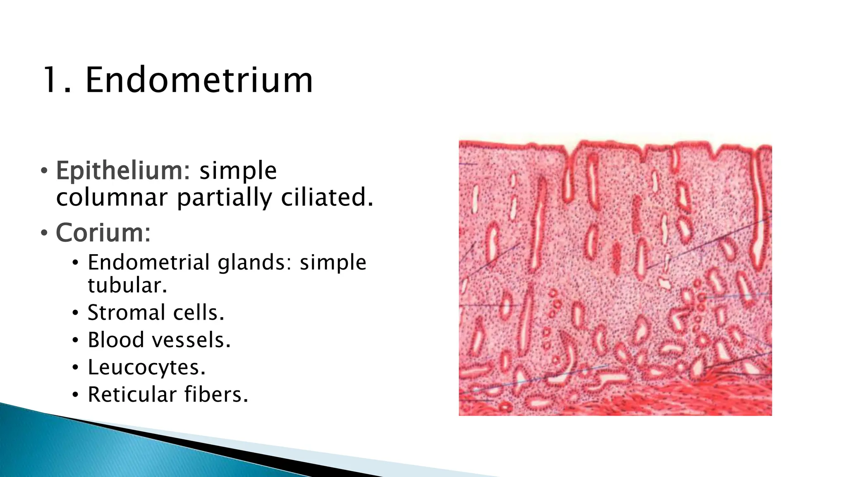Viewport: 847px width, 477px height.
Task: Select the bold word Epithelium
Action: pyautogui.click(x=123, y=171)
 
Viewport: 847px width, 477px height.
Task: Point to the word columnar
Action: pyautogui.click(x=112, y=197)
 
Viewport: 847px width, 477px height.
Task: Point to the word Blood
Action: pyautogui.click(x=116, y=340)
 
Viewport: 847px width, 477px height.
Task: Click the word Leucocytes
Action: pyautogui.click(x=146, y=367)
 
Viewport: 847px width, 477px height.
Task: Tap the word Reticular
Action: pyautogui.click(x=132, y=394)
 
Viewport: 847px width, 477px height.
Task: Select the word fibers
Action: pyautogui.click(x=216, y=394)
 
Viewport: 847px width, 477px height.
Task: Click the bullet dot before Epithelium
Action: pyautogui.click(x=44, y=171)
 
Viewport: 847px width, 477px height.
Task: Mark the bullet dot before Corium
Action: pyautogui.click(x=44, y=233)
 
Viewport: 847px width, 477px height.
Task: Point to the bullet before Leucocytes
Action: pyautogui.click(x=75, y=368)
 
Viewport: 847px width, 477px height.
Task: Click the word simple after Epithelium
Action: pyautogui.click(x=238, y=171)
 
